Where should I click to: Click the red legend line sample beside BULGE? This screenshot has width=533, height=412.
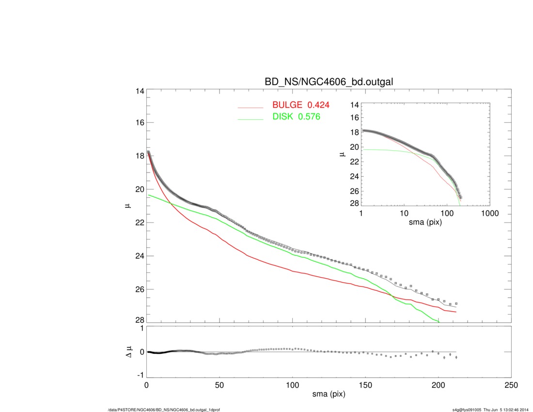coord(251,106)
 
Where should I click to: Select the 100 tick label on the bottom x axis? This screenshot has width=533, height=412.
coord(293,385)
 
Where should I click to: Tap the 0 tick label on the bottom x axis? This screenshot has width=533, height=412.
coord(147,385)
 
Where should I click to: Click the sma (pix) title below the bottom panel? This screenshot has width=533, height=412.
coord(329,395)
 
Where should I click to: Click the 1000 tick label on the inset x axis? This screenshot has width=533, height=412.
coord(489,213)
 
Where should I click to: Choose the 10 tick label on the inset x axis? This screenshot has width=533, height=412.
coord(404,213)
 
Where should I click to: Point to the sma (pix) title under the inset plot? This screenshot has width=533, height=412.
coord(425,222)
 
